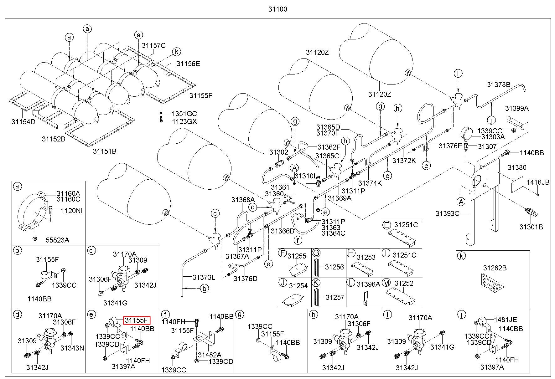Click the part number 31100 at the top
tap(277, 9)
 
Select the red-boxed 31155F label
tap(137, 320)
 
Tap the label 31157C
tap(153, 45)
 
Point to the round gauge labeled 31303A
tap(467, 132)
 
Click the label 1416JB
tap(538, 182)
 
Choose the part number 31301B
tap(531, 227)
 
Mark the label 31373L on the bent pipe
tap(204, 277)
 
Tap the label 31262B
tap(495, 268)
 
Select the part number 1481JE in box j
tap(506, 320)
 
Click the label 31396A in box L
tap(368, 284)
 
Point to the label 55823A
tap(57, 240)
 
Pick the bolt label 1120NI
tap(72, 211)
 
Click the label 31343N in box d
tap(72, 348)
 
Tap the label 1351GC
tap(184, 113)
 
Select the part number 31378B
tap(499, 85)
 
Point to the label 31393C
tap(447, 213)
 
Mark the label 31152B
tap(54, 139)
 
